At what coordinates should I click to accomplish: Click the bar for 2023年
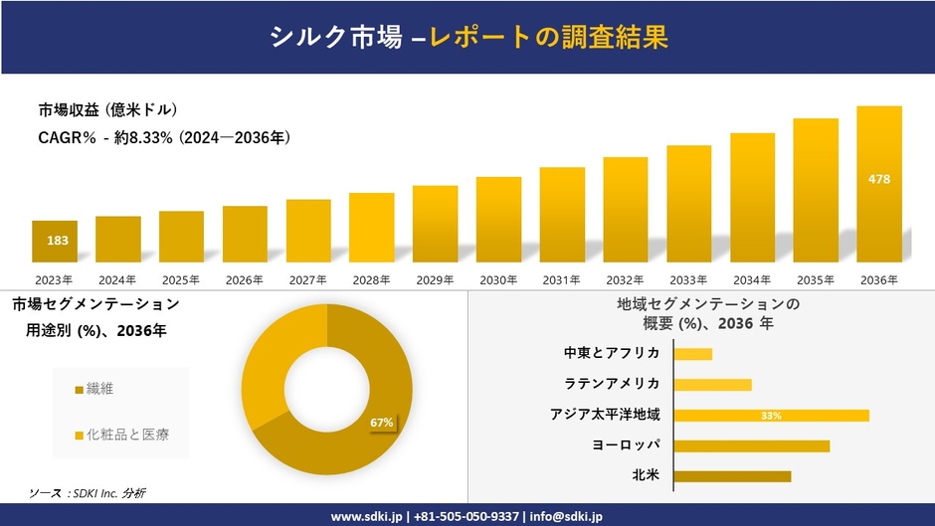pyautogui.click(x=54, y=242)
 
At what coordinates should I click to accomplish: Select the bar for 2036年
pyautogui.click(x=879, y=184)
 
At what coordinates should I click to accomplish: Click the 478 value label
pyautogui.click(x=879, y=179)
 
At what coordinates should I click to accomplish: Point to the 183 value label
pyautogui.click(x=58, y=241)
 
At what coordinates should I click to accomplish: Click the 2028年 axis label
pyautogui.click(x=371, y=280)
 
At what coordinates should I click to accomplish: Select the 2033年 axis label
pyautogui.click(x=688, y=280)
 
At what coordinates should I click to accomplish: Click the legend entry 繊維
pyautogui.click(x=99, y=388)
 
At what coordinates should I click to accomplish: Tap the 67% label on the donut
pyautogui.click(x=382, y=423)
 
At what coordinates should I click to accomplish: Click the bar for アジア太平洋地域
pyautogui.click(x=771, y=415)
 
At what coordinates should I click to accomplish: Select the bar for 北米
pyautogui.click(x=732, y=476)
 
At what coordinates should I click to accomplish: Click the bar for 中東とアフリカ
pyautogui.click(x=692, y=354)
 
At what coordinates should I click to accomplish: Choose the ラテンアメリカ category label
pyautogui.click(x=612, y=384)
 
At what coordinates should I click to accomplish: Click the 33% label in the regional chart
pyautogui.click(x=771, y=416)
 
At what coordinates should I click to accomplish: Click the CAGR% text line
pyautogui.click(x=164, y=137)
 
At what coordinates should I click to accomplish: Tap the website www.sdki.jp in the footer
pyautogui.click(x=366, y=516)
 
